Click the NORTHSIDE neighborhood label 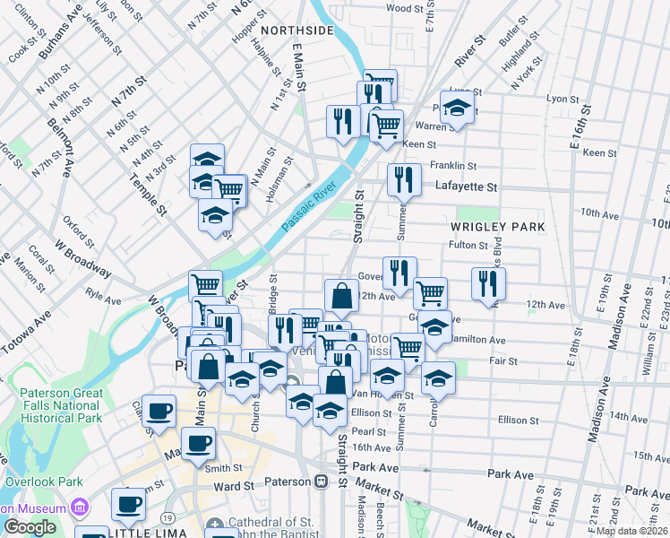pyautogui.click(x=296, y=30)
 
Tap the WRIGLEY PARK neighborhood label pyautogui.click(x=499, y=228)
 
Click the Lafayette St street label pyautogui.click(x=466, y=187)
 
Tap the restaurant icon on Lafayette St pyautogui.click(x=404, y=179)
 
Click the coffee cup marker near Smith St pyautogui.click(x=198, y=442)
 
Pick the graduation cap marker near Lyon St pyautogui.click(x=457, y=108)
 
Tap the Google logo pyautogui.click(x=30, y=527)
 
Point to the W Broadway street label pyautogui.click(x=82, y=257)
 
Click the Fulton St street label pyautogui.click(x=468, y=245)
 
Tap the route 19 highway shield pyautogui.click(x=167, y=518)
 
